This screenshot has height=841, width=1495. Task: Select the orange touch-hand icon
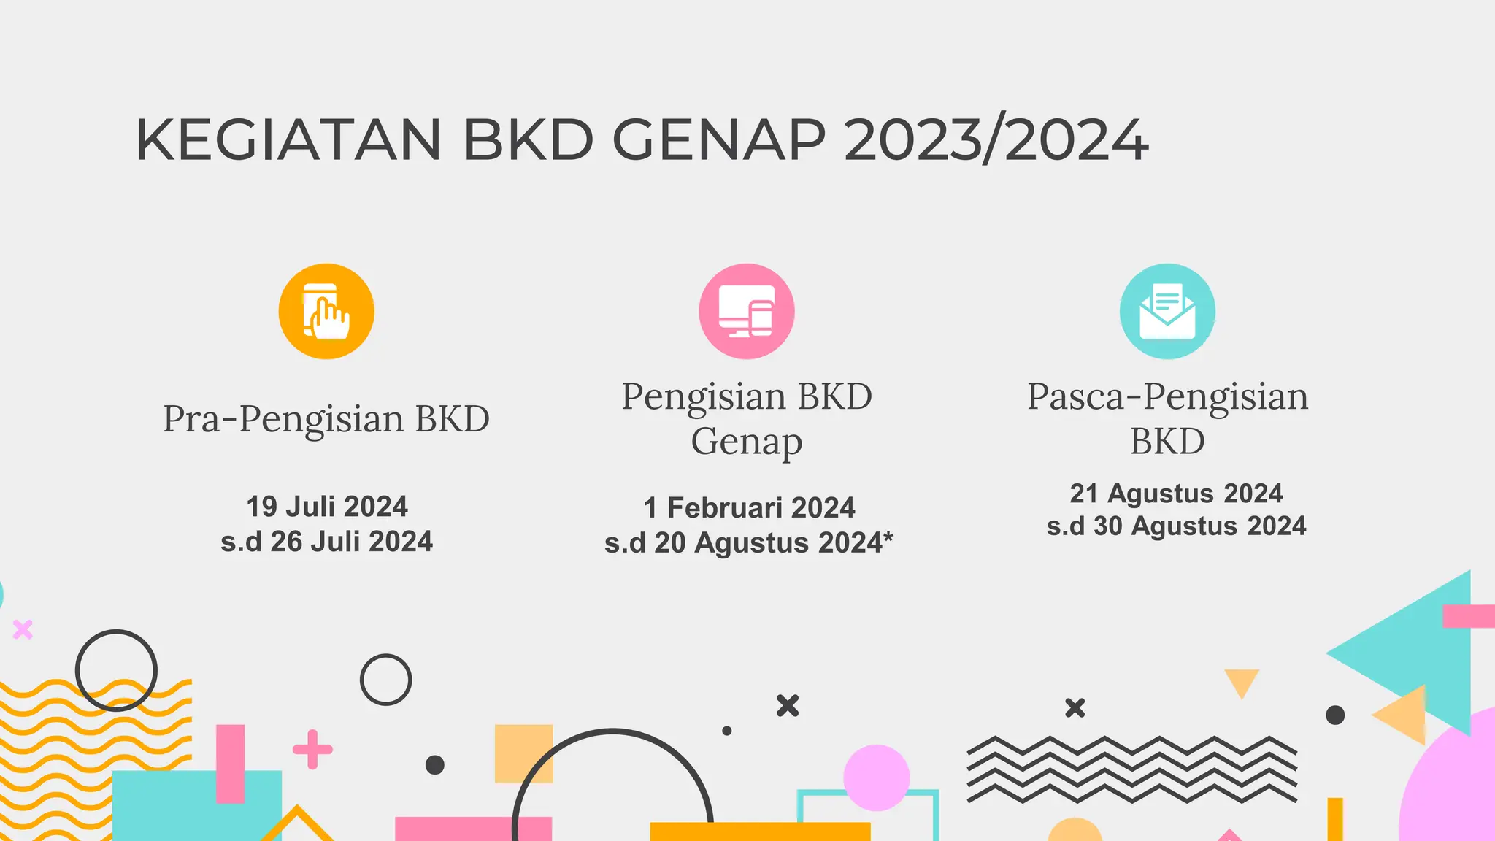pyautogui.click(x=326, y=311)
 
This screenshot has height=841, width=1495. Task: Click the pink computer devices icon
pyautogui.click(x=746, y=311)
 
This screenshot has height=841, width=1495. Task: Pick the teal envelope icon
pyautogui.click(x=1167, y=311)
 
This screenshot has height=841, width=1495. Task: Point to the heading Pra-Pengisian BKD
pyautogui.click(x=326, y=419)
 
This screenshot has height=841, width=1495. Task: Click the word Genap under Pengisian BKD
pyautogui.click(x=746, y=442)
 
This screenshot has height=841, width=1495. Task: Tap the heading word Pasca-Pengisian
pyautogui.click(x=1167, y=397)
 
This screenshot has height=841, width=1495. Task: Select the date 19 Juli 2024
pyautogui.click(x=326, y=507)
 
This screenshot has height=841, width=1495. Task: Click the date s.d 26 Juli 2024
pyautogui.click(x=326, y=542)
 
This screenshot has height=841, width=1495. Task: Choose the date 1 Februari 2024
pyautogui.click(x=749, y=508)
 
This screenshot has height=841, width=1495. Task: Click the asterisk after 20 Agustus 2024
pyautogui.click(x=888, y=539)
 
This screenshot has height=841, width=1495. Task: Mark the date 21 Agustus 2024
pyautogui.click(x=1176, y=494)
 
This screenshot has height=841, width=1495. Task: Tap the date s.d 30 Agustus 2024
pyautogui.click(x=1176, y=526)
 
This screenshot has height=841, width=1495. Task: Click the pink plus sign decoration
pyautogui.click(x=312, y=749)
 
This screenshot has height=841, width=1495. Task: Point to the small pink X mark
pyautogui.click(x=23, y=629)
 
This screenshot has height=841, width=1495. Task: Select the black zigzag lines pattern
pyautogui.click(x=1131, y=770)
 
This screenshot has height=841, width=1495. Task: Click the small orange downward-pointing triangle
pyautogui.click(x=1241, y=682)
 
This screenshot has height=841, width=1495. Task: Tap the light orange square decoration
pyautogui.click(x=523, y=753)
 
